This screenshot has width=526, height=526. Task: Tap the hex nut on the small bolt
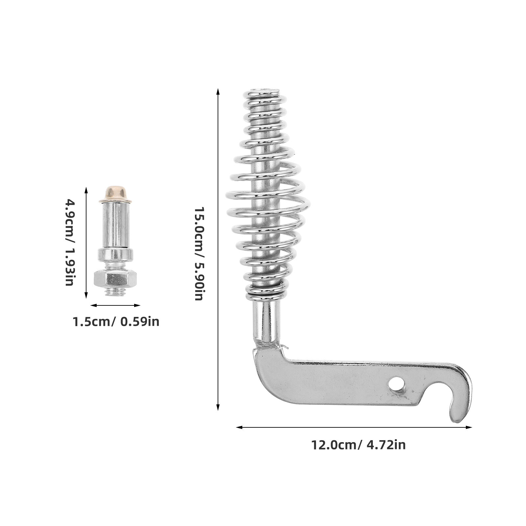(115, 279)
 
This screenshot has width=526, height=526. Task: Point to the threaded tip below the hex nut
(115, 291)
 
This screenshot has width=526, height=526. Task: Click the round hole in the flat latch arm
(395, 384)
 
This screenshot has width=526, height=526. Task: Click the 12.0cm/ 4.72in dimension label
(358, 445)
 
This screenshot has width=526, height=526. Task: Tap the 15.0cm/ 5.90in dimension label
(200, 253)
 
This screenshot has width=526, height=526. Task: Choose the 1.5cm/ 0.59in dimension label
(116, 321)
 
